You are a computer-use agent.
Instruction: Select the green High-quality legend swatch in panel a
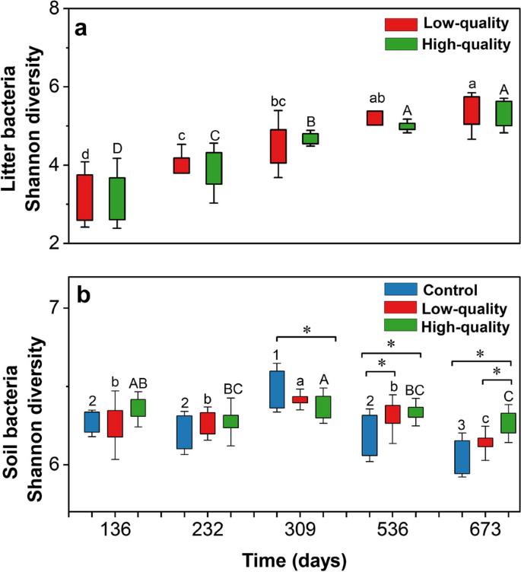(x=398, y=44)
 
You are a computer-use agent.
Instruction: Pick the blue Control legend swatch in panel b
(x=398, y=289)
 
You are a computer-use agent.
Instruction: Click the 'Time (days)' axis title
(x=294, y=560)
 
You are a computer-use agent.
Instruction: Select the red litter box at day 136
(x=85, y=197)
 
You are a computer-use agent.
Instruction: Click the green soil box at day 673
(x=504, y=434)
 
